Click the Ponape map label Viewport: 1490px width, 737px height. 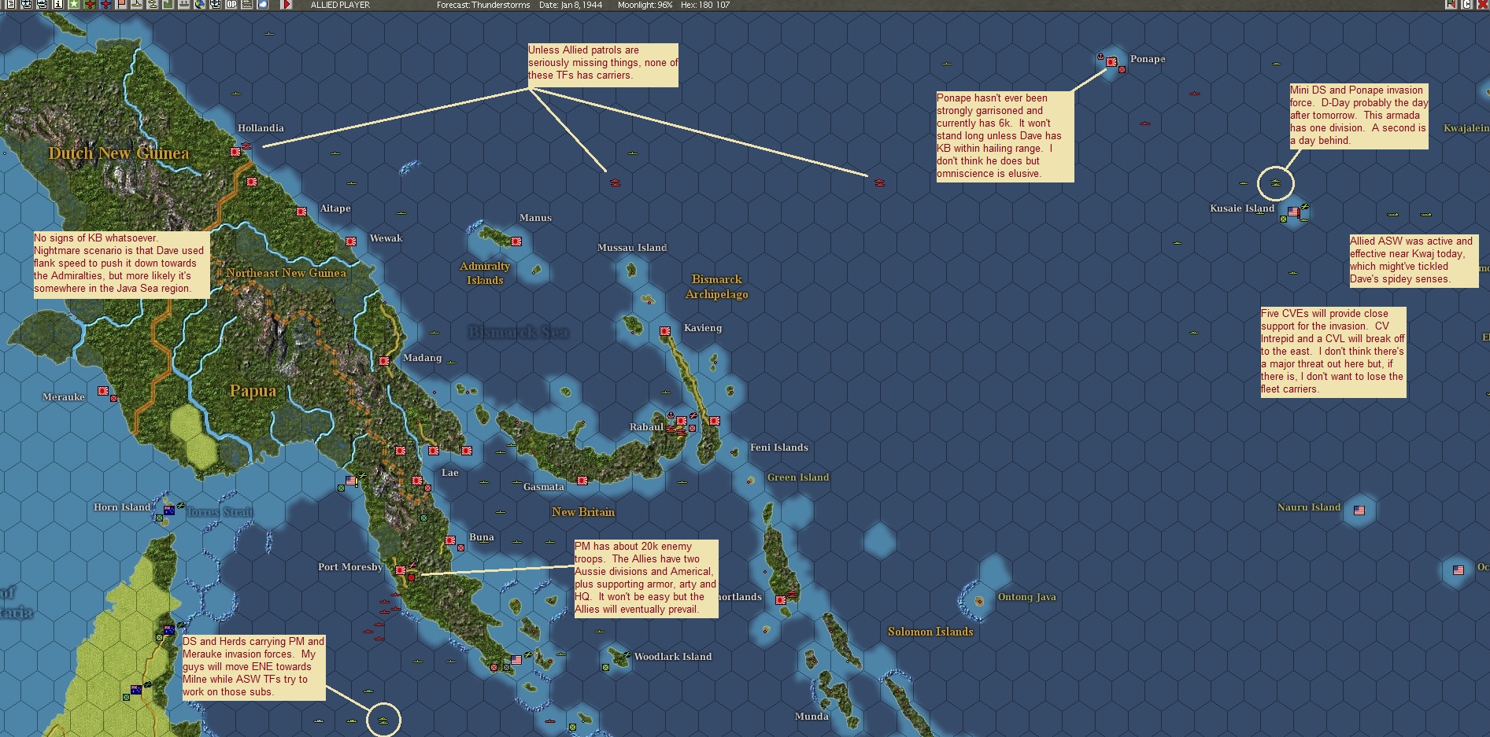pyautogui.click(x=1147, y=59)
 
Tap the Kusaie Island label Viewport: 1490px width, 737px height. pyautogui.click(x=1241, y=208)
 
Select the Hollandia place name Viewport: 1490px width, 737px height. pyautogui.click(x=261, y=128)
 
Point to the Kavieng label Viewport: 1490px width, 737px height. pyautogui.click(x=702, y=328)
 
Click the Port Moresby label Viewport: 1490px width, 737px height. pyautogui.click(x=350, y=567)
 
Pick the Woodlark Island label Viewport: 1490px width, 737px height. pyautogui.click(x=672, y=657)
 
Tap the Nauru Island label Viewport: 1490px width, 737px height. pyautogui.click(x=1308, y=507)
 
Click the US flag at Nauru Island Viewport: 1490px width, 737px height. pyautogui.click(x=1359, y=510)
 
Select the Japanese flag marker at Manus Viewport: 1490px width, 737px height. pyautogui.click(x=516, y=241)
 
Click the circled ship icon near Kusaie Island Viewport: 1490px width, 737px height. pyautogui.click(x=1275, y=183)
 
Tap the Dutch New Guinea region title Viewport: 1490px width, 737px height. pyautogui.click(x=119, y=153)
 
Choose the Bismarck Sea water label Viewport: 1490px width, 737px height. pyautogui.click(x=518, y=332)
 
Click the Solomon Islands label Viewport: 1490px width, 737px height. pyautogui.click(x=930, y=632)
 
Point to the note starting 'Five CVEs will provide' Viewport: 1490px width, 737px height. pyautogui.click(x=1333, y=352)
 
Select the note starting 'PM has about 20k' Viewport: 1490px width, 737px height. pyautogui.click(x=645, y=578)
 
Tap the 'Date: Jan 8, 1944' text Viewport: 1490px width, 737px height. pyautogui.click(x=570, y=5)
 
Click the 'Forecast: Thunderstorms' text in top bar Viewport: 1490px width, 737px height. pyautogui.click(x=483, y=5)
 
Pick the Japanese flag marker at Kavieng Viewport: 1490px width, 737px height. pyautogui.click(x=665, y=331)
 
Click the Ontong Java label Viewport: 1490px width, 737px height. pyautogui.click(x=1026, y=597)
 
